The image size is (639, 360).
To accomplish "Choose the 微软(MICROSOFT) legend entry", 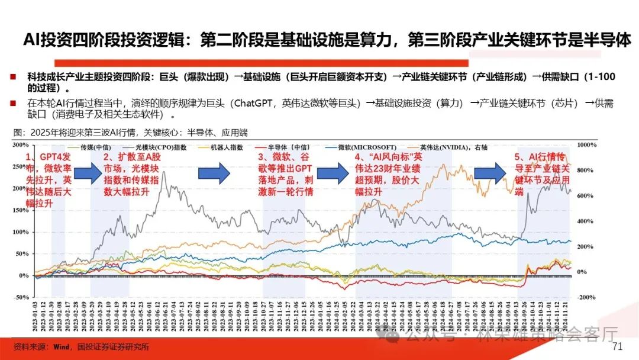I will [362, 146].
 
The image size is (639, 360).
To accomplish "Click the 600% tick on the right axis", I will [585, 195].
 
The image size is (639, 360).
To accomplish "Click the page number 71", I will [618, 346].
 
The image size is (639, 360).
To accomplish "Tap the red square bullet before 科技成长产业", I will [12, 78].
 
